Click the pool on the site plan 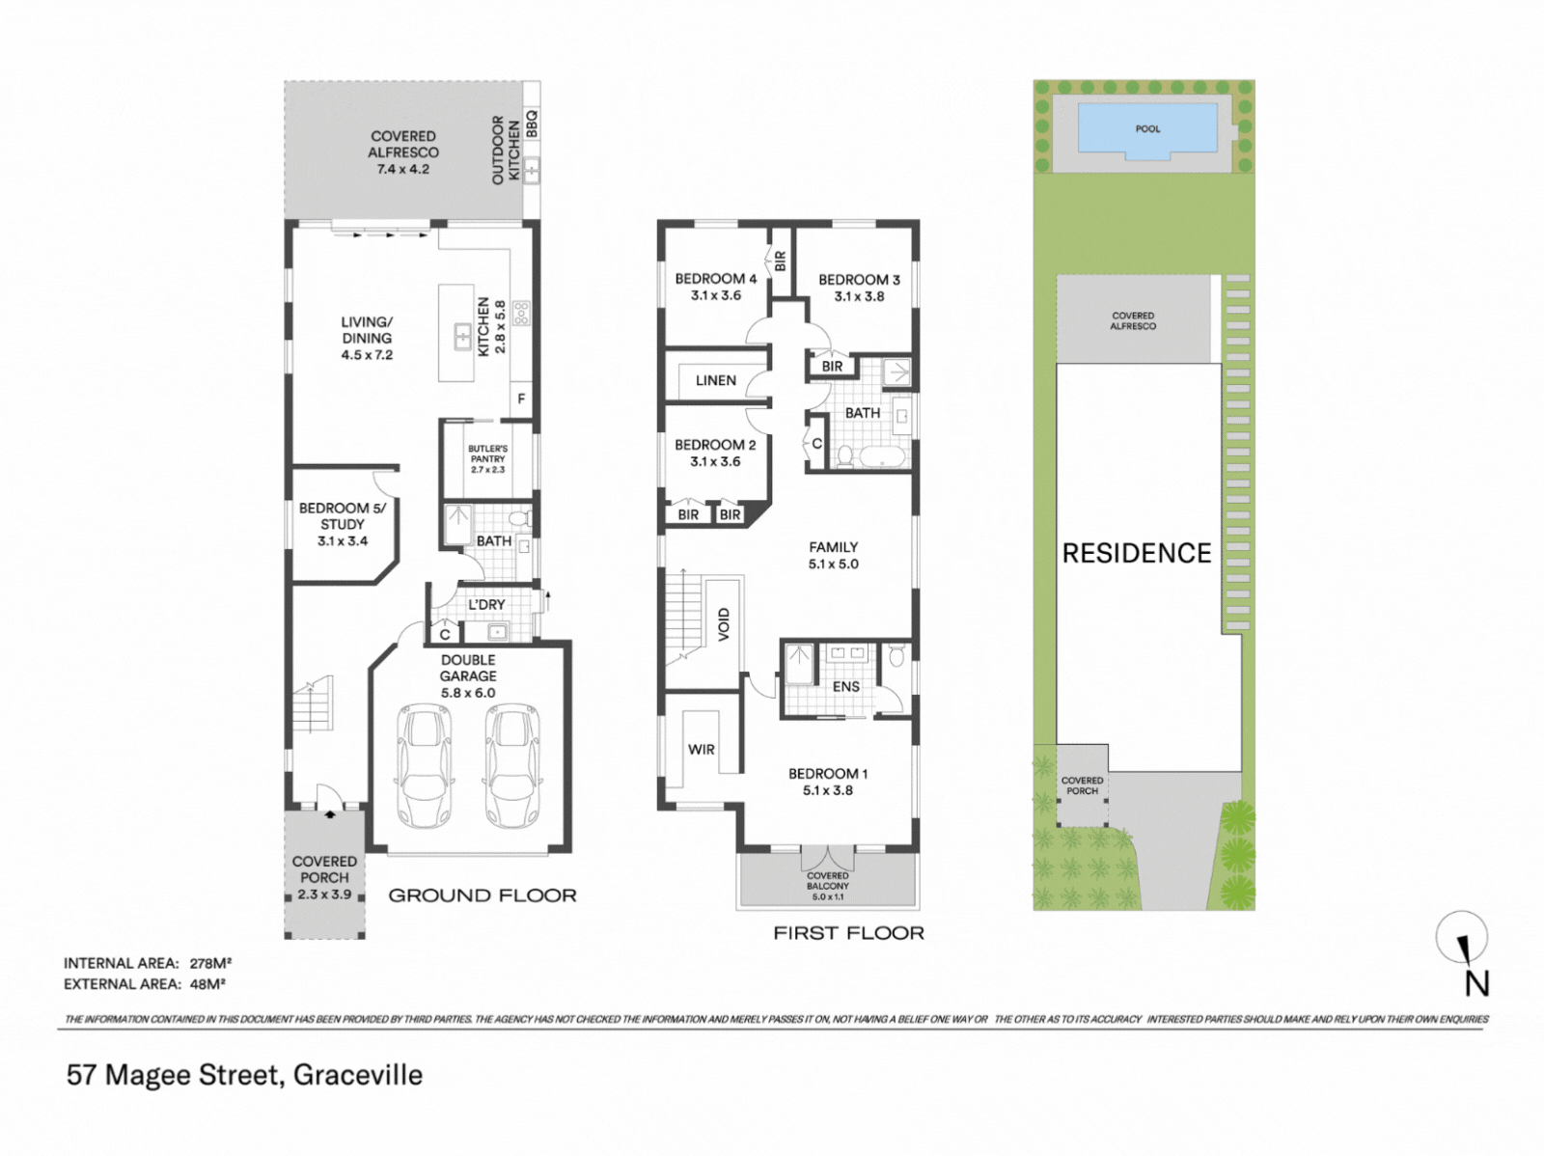[1148, 128]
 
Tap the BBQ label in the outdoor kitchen [532, 124]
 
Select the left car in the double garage [425, 767]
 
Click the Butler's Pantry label [487, 458]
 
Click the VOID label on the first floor [724, 623]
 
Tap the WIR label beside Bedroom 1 [702, 750]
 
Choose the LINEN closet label [716, 380]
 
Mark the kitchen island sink [462, 337]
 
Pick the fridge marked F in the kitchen [521, 399]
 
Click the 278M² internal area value [211, 963]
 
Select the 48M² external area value [207, 983]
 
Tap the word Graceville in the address [358, 1075]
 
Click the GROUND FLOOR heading [482, 895]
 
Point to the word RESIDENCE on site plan [1137, 553]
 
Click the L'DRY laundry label [486, 605]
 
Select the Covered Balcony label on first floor [828, 886]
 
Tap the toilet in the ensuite [896, 656]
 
